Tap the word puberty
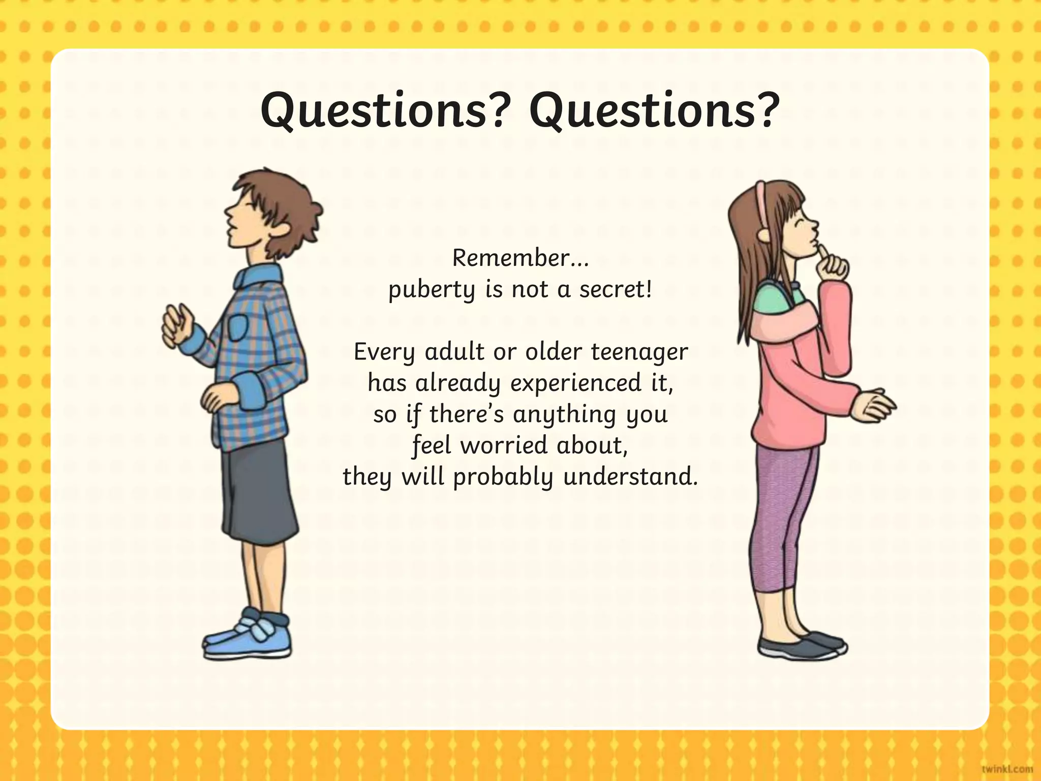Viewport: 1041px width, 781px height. [x=432, y=290]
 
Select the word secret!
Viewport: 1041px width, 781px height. [x=616, y=289]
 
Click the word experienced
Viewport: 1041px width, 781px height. [x=576, y=383]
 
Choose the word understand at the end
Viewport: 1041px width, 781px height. [x=630, y=477]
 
